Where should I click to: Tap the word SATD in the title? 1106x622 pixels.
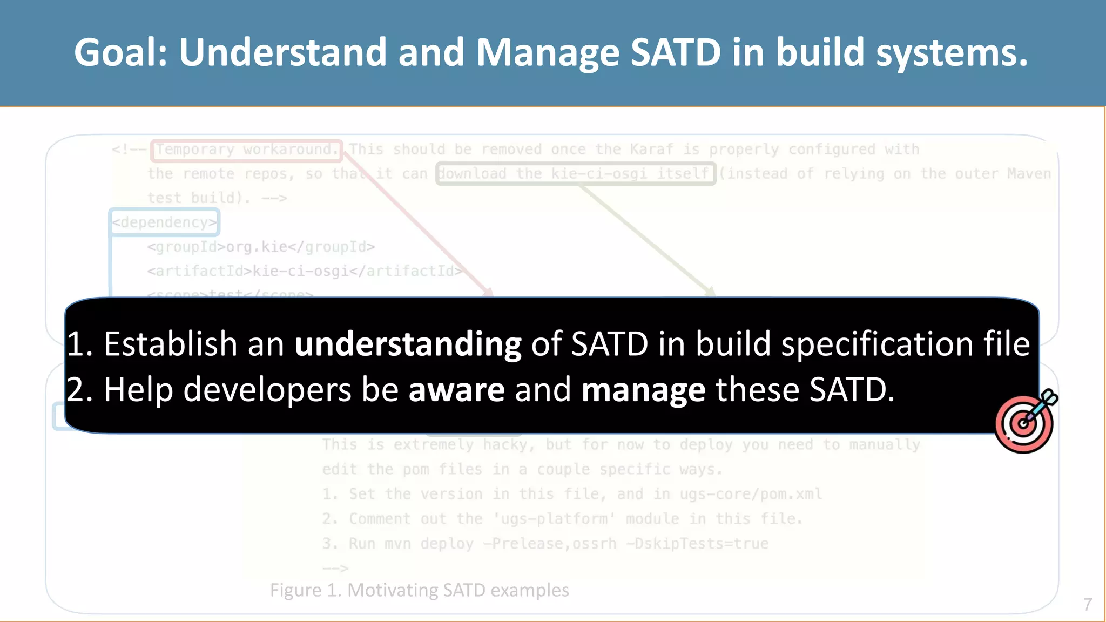[675, 52]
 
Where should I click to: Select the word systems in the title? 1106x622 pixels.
[951, 52]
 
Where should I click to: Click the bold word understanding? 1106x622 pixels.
[408, 344]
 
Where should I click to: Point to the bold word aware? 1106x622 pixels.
[456, 390]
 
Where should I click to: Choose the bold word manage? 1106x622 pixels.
[643, 390]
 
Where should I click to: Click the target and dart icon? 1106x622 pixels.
[1025, 422]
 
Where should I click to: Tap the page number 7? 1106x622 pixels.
[1088, 604]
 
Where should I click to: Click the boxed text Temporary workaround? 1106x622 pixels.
[247, 150]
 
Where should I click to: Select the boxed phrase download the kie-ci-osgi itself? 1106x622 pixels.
[576, 174]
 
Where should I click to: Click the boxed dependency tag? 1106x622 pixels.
[164, 222]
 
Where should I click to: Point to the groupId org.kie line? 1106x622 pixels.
[261, 247]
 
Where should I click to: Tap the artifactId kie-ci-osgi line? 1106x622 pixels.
[304, 271]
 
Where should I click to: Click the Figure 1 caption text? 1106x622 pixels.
[419, 590]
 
